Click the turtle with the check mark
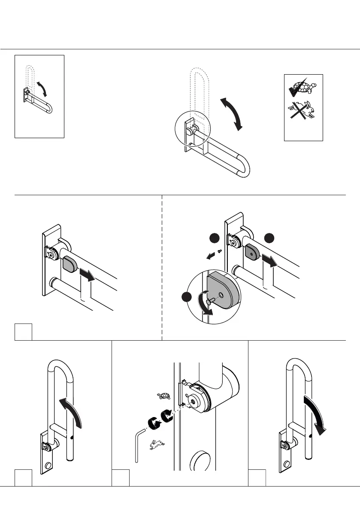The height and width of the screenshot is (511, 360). click(303, 88)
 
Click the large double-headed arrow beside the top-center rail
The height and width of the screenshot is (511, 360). click(231, 113)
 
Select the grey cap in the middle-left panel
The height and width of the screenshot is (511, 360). click(70, 263)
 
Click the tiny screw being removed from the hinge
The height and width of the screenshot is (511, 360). click(219, 251)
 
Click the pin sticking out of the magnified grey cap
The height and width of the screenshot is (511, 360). click(208, 302)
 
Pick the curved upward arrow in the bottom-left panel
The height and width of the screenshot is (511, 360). click(71, 411)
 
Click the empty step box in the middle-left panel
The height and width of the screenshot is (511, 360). click(23, 332)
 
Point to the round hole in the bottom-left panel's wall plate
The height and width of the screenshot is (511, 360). click(48, 465)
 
